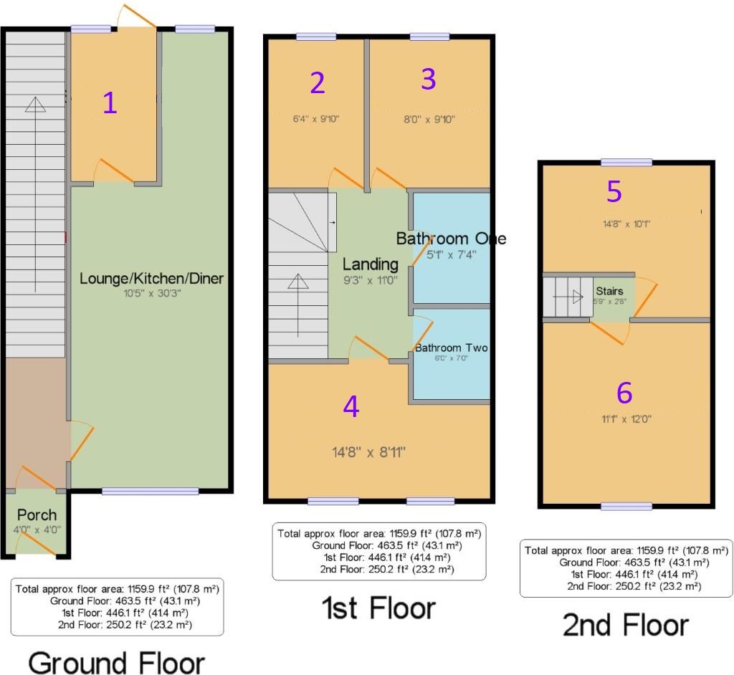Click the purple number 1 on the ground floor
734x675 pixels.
pyautogui.click(x=109, y=104)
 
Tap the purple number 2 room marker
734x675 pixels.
pyautogui.click(x=318, y=83)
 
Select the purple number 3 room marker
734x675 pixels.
pyautogui.click(x=428, y=80)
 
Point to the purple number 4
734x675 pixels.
pyautogui.click(x=351, y=406)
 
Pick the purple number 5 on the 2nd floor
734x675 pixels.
pyautogui.click(x=614, y=191)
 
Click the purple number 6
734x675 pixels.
pyautogui.click(x=624, y=392)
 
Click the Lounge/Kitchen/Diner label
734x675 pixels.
pyautogui.click(x=151, y=278)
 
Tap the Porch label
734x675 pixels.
pyautogui.click(x=37, y=514)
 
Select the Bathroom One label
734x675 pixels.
pyautogui.click(x=451, y=238)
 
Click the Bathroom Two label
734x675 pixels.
pyautogui.click(x=452, y=348)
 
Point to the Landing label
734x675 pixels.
pyautogui.click(x=370, y=264)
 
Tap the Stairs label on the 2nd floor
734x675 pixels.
pyautogui.click(x=609, y=291)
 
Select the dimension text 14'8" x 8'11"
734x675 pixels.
pyautogui.click(x=368, y=452)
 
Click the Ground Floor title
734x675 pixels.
pyautogui.click(x=116, y=662)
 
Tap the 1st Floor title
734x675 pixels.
pyautogui.click(x=377, y=608)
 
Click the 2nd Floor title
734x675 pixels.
pyautogui.click(x=625, y=625)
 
